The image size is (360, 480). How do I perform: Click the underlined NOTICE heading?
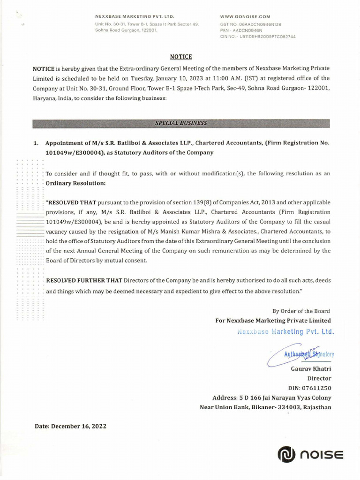tap(181, 57)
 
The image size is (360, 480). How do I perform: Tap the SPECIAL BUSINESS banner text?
tap(181, 123)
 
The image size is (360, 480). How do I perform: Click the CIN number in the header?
tap(258, 36)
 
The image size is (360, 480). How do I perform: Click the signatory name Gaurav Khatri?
tap(311, 369)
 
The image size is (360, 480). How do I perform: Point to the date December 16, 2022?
tap(71, 427)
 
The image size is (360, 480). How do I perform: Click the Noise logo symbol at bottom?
tap(285, 455)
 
